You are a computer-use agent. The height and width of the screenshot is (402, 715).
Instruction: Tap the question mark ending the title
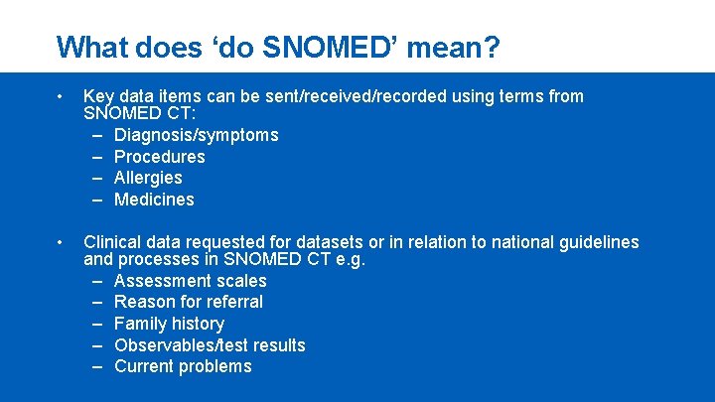pos(492,47)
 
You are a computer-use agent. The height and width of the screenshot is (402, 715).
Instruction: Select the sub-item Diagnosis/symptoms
pos(196,135)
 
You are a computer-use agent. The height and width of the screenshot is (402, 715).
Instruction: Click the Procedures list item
pos(159,157)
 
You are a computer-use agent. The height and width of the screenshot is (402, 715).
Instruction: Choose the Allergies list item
pos(148,178)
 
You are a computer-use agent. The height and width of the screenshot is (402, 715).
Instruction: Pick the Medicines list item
pos(154,200)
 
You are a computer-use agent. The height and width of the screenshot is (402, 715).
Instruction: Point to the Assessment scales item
pos(190,281)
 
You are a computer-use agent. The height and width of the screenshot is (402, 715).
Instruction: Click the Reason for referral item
pos(188,302)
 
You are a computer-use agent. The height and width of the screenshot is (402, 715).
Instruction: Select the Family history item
pos(169,324)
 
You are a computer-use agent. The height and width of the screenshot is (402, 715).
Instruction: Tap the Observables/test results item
pos(210,345)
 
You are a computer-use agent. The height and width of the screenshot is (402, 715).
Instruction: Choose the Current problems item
pos(183,366)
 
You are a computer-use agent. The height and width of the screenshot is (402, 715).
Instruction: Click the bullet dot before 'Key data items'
pos(61,97)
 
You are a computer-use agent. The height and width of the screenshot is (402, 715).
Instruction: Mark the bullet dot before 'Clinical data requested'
pos(61,242)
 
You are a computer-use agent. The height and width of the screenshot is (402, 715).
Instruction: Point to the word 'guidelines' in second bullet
pos(599,242)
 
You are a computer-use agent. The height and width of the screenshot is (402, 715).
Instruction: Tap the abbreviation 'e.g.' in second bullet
pos(350,260)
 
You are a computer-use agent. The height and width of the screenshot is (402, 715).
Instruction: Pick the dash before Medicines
pos(99,200)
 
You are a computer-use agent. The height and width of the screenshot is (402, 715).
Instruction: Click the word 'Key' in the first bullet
pos(99,96)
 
